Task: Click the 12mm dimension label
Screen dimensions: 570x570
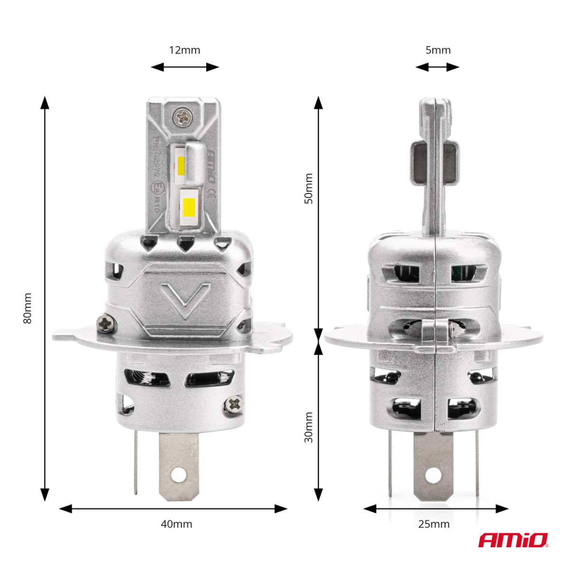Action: coord(184,50)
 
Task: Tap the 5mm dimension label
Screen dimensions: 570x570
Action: coord(437,50)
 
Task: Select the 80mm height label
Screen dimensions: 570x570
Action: coord(28,308)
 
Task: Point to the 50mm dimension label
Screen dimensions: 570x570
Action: coord(308,189)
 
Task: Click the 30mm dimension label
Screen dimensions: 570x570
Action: coord(308,427)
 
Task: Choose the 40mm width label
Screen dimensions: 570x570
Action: coord(176,524)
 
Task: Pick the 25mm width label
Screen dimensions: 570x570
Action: coord(434,524)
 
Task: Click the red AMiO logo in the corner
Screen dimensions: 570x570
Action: coord(513,540)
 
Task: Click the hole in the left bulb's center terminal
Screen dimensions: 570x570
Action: coord(179,474)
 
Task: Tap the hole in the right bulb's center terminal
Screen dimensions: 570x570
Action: coord(434,474)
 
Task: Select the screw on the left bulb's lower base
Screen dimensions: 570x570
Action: coord(234,405)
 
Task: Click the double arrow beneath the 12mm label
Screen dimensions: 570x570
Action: coord(185,67)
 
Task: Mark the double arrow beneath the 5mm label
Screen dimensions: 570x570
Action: coord(437,67)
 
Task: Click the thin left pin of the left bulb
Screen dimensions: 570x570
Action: coord(136,461)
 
